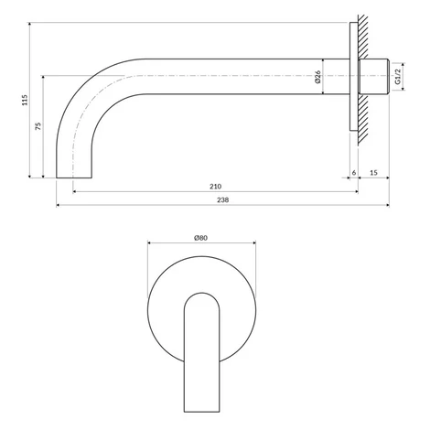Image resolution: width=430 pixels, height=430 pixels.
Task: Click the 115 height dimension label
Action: coord(25,100)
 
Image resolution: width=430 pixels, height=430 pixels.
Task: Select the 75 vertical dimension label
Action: coord(38,126)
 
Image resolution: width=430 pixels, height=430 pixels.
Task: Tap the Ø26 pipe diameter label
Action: coord(317,77)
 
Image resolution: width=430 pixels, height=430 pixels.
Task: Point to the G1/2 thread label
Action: coord(397,77)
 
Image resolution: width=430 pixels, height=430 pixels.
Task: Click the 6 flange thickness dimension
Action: coord(354,173)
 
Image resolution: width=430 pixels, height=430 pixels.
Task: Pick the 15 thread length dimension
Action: coord(373,173)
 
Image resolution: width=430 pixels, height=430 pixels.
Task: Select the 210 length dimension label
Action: coord(216,187)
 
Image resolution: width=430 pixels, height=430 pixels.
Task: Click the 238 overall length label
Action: coord(223,199)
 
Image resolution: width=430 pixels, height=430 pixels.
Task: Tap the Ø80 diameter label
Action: coord(201,238)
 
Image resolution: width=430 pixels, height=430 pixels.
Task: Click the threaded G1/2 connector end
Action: coord(373,76)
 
